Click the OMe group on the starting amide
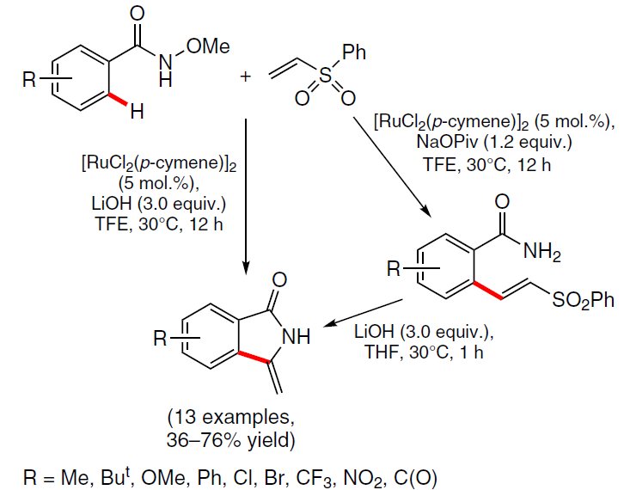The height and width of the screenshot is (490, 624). pos(208,46)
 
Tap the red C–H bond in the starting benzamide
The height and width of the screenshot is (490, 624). pos(119,99)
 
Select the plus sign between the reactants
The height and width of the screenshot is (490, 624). pos(246,76)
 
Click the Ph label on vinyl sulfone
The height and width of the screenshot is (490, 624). pos(354,52)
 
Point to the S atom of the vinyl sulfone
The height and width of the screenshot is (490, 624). pos(326,75)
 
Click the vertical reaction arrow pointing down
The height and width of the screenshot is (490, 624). pos(246,196)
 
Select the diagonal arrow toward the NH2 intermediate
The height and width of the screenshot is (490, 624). pos(393,167)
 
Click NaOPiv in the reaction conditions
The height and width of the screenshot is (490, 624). pos(445,142)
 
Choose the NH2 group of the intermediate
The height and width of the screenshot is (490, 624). pos(542,252)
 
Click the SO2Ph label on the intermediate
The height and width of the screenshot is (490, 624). pos(583,300)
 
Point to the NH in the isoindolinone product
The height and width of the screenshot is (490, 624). pos(296,337)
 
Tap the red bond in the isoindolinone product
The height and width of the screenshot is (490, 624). pos(254,357)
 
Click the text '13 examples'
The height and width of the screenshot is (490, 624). pos(230,417)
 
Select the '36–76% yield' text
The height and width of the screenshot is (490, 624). pos(231,440)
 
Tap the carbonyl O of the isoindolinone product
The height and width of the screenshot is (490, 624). pos(279,280)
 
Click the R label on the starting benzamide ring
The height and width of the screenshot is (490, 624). pos(29,79)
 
